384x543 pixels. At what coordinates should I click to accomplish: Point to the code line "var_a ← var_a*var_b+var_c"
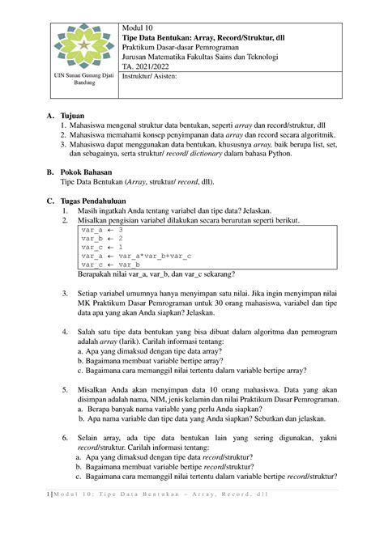(x=137, y=256)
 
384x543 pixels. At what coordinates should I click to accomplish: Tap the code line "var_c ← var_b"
(x=112, y=265)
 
